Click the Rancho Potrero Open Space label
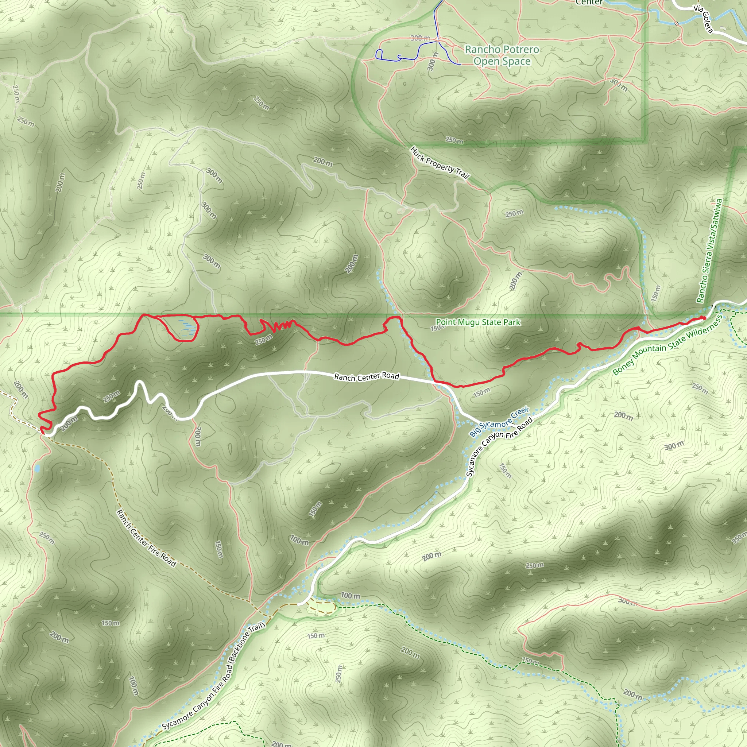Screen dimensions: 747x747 point(502,55)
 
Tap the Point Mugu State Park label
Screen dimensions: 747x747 point(478,322)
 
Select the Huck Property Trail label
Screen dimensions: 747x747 point(440,163)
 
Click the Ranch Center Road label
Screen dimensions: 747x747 point(367,376)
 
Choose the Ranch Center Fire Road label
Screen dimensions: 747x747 point(146,538)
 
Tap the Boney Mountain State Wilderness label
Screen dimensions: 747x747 point(667,345)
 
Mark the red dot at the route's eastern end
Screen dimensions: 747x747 point(704,318)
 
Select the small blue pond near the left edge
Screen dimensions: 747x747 point(37,469)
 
